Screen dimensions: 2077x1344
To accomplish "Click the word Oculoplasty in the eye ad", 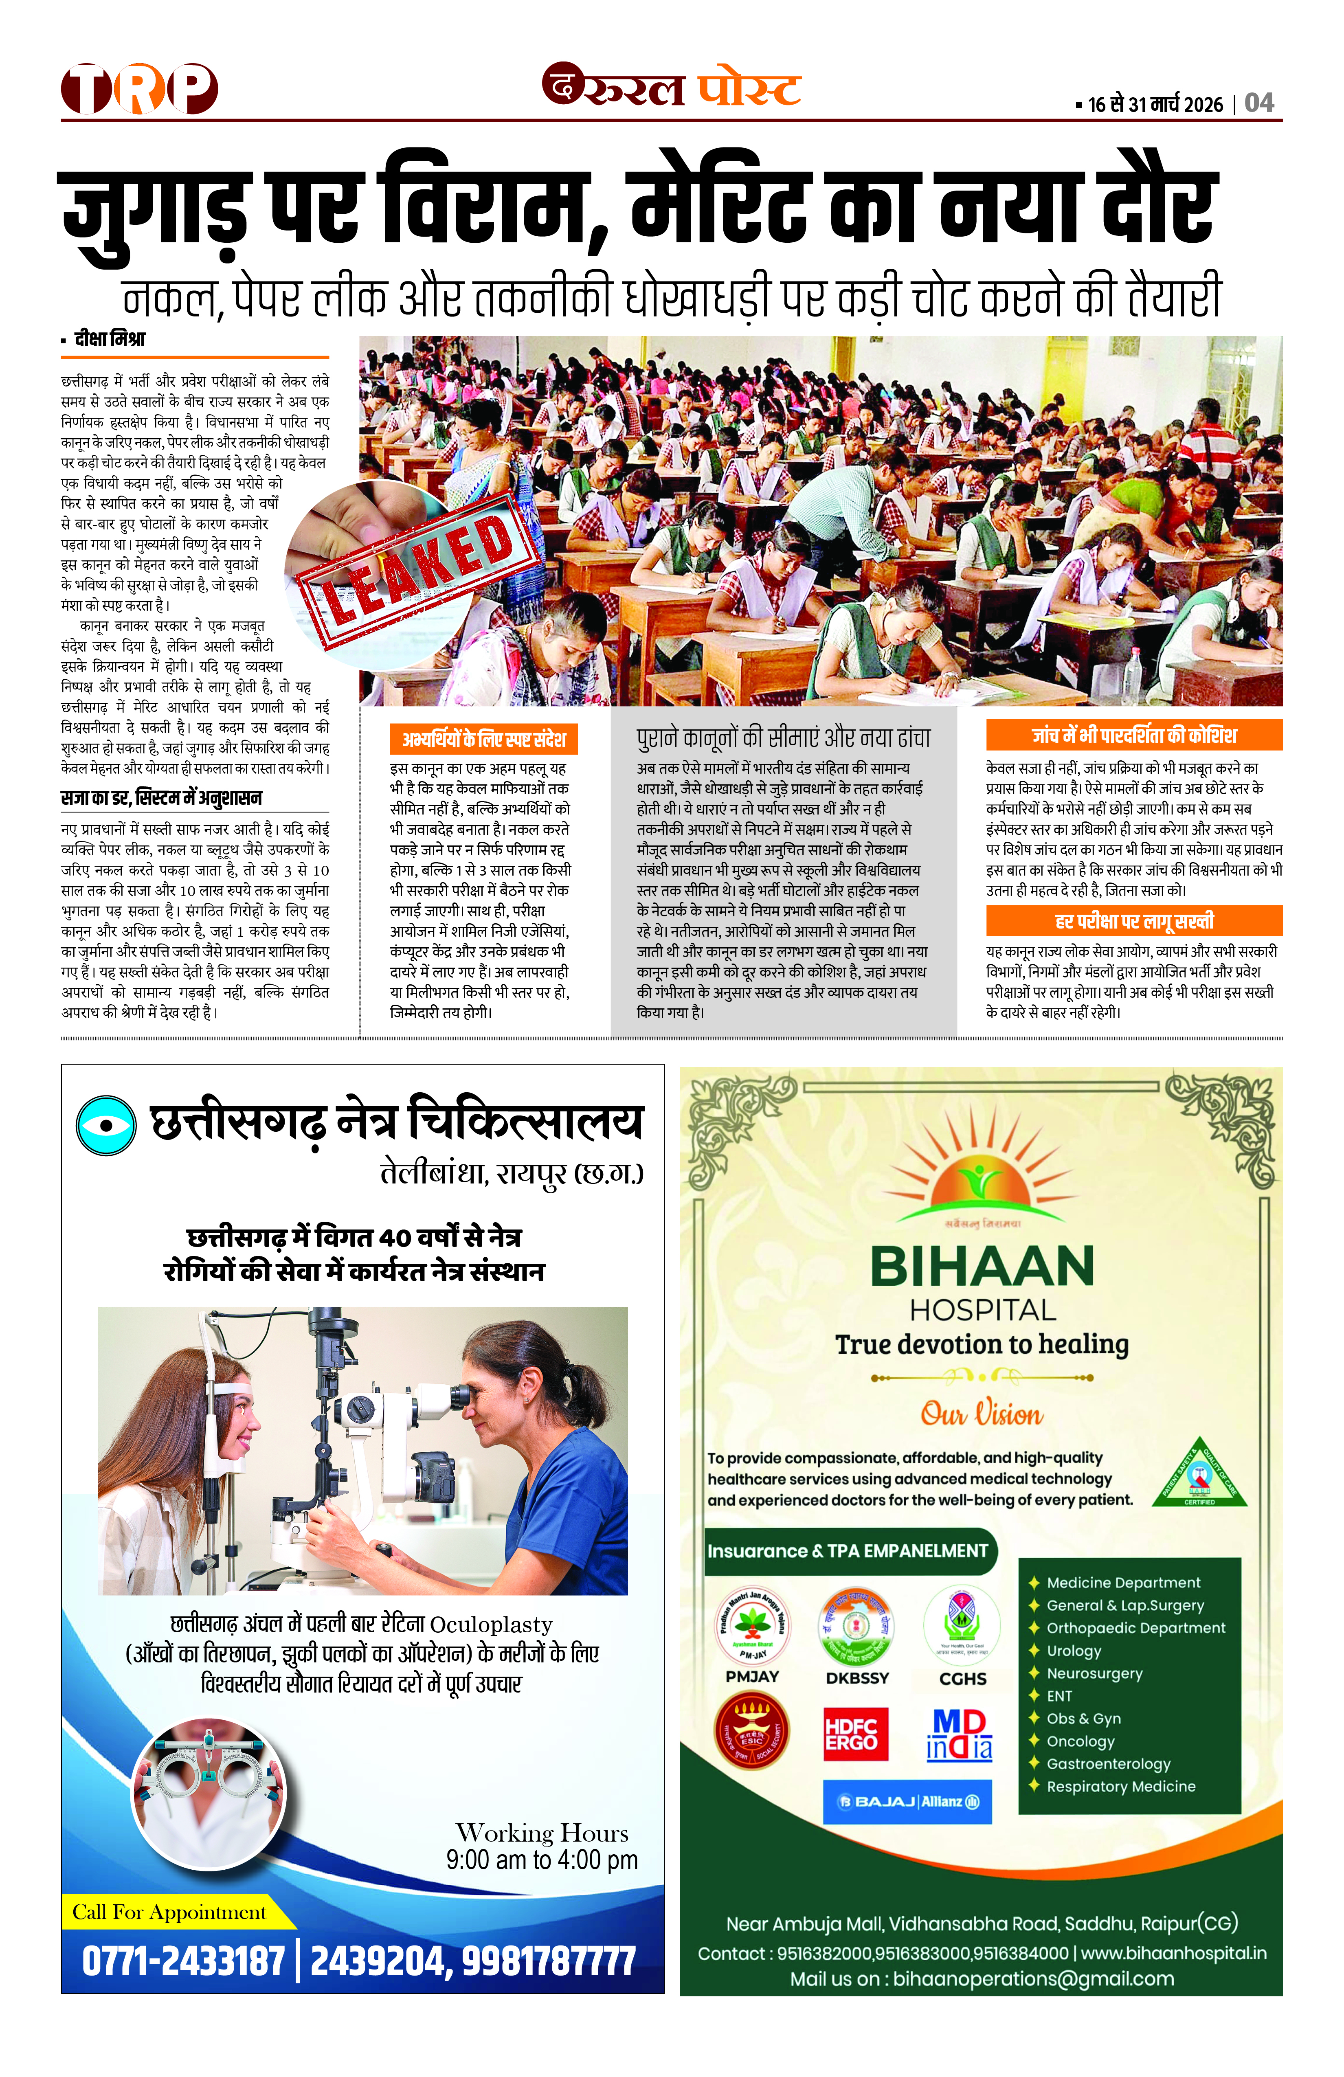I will point(491,1625).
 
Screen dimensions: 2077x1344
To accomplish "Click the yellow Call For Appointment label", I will point(169,1912).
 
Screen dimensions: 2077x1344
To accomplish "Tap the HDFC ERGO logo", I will point(856,1734).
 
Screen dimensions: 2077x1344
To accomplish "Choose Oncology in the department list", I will point(1080,1741).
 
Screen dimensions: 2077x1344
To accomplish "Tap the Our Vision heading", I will point(982,1414).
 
